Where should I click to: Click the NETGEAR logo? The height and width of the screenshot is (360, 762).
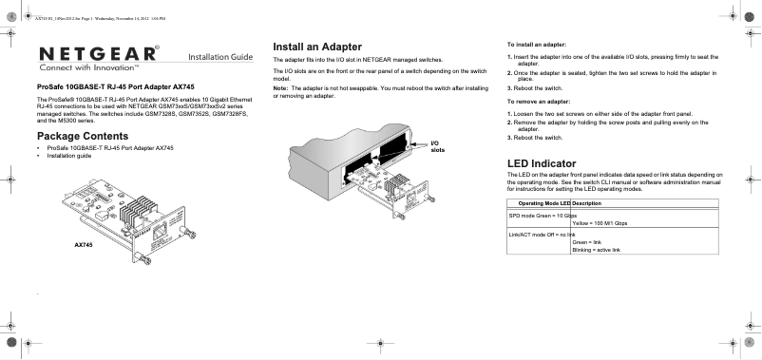click(x=99, y=53)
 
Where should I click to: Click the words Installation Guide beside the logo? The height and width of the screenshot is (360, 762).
click(x=220, y=57)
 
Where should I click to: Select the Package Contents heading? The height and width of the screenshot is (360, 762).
click(x=83, y=136)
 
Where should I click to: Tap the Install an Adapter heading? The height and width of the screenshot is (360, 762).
click(x=317, y=47)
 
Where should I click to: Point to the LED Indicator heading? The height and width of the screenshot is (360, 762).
click(x=542, y=163)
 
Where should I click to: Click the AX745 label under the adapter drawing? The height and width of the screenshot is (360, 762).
click(x=83, y=245)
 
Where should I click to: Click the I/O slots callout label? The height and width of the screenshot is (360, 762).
click(x=438, y=146)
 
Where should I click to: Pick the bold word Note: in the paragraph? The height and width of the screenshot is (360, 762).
click(x=280, y=88)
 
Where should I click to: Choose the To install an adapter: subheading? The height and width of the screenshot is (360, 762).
click(x=537, y=45)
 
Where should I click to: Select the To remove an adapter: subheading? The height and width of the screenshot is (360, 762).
click(x=539, y=102)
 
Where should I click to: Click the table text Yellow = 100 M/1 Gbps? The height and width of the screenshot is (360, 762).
click(x=600, y=223)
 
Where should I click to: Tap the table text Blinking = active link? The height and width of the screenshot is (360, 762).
click(x=597, y=250)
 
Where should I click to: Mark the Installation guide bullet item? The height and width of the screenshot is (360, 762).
click(x=69, y=156)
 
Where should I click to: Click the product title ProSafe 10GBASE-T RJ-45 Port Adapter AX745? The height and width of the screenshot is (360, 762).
click(x=116, y=87)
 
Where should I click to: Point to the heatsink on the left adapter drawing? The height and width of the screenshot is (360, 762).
click(x=139, y=210)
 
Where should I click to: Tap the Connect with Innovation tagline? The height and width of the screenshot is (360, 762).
click(x=89, y=67)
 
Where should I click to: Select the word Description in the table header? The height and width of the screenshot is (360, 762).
click(x=586, y=203)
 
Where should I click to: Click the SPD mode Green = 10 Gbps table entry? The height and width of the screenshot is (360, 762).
click(x=543, y=216)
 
